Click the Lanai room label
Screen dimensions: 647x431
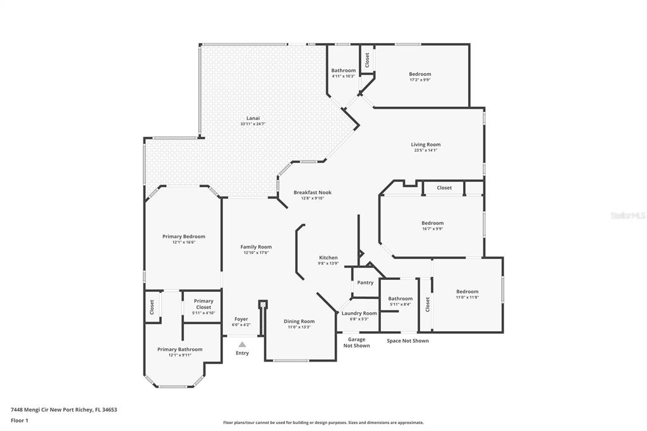tap(253, 118)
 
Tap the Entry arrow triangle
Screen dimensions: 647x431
tap(242, 344)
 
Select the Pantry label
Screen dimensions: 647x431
tap(365, 282)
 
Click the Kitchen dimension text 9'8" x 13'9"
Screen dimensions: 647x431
tap(328, 264)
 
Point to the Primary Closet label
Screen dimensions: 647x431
tap(203, 304)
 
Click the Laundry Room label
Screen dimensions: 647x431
tap(359, 313)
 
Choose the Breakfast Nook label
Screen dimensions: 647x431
tap(312, 192)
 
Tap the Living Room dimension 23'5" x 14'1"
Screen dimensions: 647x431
tap(425, 150)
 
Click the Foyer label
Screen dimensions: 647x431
tap(241, 319)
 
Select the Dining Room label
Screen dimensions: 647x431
tap(299, 321)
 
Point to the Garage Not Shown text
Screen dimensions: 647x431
tap(356, 343)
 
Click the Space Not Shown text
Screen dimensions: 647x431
tap(408, 341)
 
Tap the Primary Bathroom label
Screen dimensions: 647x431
tap(180, 349)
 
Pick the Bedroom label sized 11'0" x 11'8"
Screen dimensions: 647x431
tap(467, 291)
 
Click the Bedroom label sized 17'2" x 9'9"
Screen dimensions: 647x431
tap(420, 75)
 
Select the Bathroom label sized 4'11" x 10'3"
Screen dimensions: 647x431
tap(343, 71)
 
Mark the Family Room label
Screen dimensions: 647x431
tap(256, 247)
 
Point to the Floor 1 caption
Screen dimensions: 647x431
tap(20, 421)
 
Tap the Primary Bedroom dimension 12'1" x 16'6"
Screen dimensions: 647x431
tap(184, 242)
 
